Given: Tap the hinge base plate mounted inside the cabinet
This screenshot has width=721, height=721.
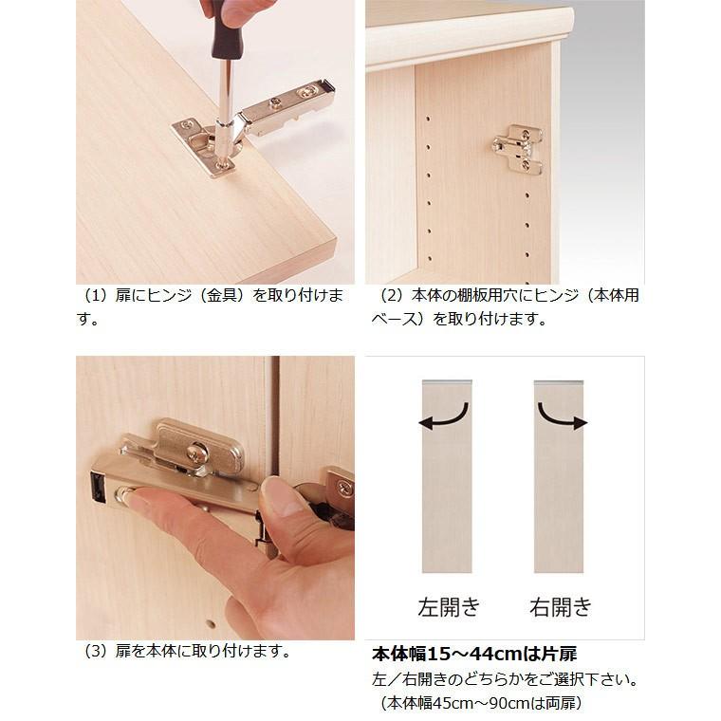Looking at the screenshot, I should tap(518, 150).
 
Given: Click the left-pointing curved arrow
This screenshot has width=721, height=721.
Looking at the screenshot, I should tap(445, 416).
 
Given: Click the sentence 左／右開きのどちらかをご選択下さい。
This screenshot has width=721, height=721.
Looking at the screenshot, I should tap(503, 680).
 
